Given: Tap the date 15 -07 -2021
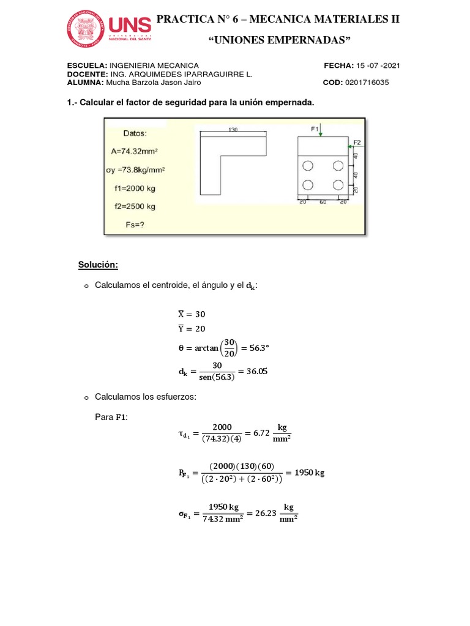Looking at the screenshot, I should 378,65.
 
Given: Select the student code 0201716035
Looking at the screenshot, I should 367,83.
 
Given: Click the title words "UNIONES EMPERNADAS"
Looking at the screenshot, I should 279,40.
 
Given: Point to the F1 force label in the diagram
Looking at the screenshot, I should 315,129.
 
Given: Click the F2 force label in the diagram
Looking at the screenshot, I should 357,142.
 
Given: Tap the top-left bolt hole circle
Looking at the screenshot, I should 307,165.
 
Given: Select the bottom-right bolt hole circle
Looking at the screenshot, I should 337,185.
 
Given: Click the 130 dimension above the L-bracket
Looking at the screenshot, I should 233,130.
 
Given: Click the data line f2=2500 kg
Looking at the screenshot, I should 135,206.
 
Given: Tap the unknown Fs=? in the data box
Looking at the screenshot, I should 135,224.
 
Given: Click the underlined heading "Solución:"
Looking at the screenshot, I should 97,265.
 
